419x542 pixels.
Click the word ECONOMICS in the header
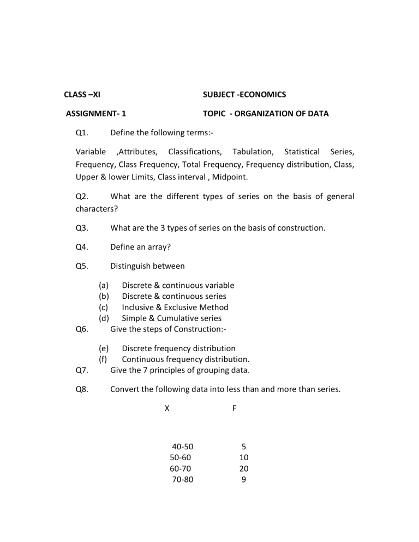[262, 94]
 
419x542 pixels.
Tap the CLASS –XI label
[82, 94]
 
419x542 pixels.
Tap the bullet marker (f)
[103, 359]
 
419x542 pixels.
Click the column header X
[167, 407]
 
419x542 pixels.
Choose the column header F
[234, 407]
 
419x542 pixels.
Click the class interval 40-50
[183, 447]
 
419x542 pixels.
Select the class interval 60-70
[181, 468]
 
